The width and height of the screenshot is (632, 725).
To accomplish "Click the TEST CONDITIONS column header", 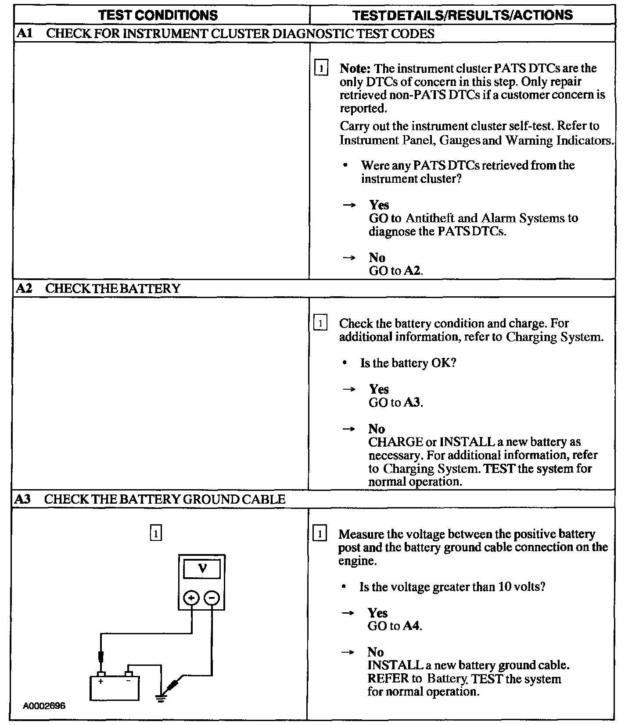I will pyautogui.click(x=158, y=15).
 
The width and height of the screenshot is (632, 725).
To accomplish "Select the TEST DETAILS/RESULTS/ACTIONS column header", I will pyautogui.click(x=463, y=15).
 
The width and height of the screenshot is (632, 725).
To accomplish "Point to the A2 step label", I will pyautogui.click(x=24, y=288).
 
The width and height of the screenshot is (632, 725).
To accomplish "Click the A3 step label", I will pyautogui.click(x=23, y=499).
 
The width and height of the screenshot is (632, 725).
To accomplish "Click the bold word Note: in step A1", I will pyautogui.click(x=355, y=68).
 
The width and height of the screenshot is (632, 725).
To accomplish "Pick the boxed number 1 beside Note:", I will pyautogui.click(x=321, y=69).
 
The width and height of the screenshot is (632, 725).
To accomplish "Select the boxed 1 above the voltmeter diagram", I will pyautogui.click(x=156, y=533).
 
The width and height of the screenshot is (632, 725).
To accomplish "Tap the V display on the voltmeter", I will pyautogui.click(x=202, y=569).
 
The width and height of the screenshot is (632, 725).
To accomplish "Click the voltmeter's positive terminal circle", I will pyautogui.click(x=191, y=598).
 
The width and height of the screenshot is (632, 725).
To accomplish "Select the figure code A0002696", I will pyautogui.click(x=44, y=706).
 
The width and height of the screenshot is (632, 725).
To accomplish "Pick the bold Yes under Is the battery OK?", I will pyautogui.click(x=379, y=389).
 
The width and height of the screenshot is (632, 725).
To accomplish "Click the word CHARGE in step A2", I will pyautogui.click(x=395, y=442).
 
